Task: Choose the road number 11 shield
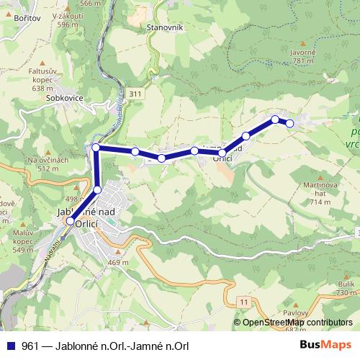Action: click(x=244, y=300)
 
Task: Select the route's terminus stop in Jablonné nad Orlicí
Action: click(x=70, y=222)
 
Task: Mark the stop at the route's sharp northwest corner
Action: click(x=96, y=148)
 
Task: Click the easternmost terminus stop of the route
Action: click(x=290, y=123)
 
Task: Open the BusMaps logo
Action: click(x=325, y=346)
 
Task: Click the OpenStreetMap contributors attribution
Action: click(x=297, y=323)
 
